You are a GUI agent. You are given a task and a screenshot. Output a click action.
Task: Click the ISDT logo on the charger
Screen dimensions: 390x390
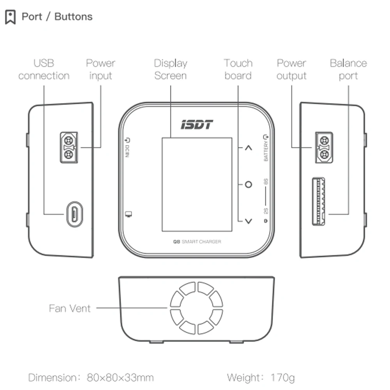(x=197, y=125)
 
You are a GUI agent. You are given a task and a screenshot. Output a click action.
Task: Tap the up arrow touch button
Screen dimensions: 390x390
(x=248, y=148)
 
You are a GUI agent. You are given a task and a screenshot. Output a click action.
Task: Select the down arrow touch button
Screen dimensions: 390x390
(x=248, y=221)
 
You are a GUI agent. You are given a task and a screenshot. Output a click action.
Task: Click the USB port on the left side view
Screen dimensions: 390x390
(x=74, y=214)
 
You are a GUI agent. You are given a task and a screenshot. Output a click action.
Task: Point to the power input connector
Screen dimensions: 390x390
(x=69, y=147)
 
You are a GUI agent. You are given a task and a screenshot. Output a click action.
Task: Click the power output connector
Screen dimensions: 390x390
(x=323, y=147)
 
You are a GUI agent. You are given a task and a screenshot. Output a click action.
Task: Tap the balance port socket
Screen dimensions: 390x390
(x=319, y=201)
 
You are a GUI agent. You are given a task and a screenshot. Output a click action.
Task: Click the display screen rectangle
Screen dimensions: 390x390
(x=197, y=184)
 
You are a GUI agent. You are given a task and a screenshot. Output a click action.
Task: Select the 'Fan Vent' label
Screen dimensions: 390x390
(x=70, y=308)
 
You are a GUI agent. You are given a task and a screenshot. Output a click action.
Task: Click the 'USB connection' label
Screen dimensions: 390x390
(x=44, y=69)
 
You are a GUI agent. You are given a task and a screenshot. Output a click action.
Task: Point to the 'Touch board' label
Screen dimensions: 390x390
(x=238, y=69)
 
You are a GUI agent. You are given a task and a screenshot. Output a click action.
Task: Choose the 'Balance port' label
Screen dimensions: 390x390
(x=348, y=69)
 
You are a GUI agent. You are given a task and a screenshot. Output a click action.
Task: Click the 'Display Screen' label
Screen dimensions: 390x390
(x=170, y=69)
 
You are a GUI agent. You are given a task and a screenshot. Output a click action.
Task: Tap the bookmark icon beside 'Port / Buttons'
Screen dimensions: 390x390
(x=11, y=17)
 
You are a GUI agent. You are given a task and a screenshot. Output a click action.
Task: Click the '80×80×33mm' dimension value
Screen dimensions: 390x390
(x=121, y=378)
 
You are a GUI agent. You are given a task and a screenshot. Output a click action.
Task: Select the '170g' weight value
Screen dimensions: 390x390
(x=283, y=378)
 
